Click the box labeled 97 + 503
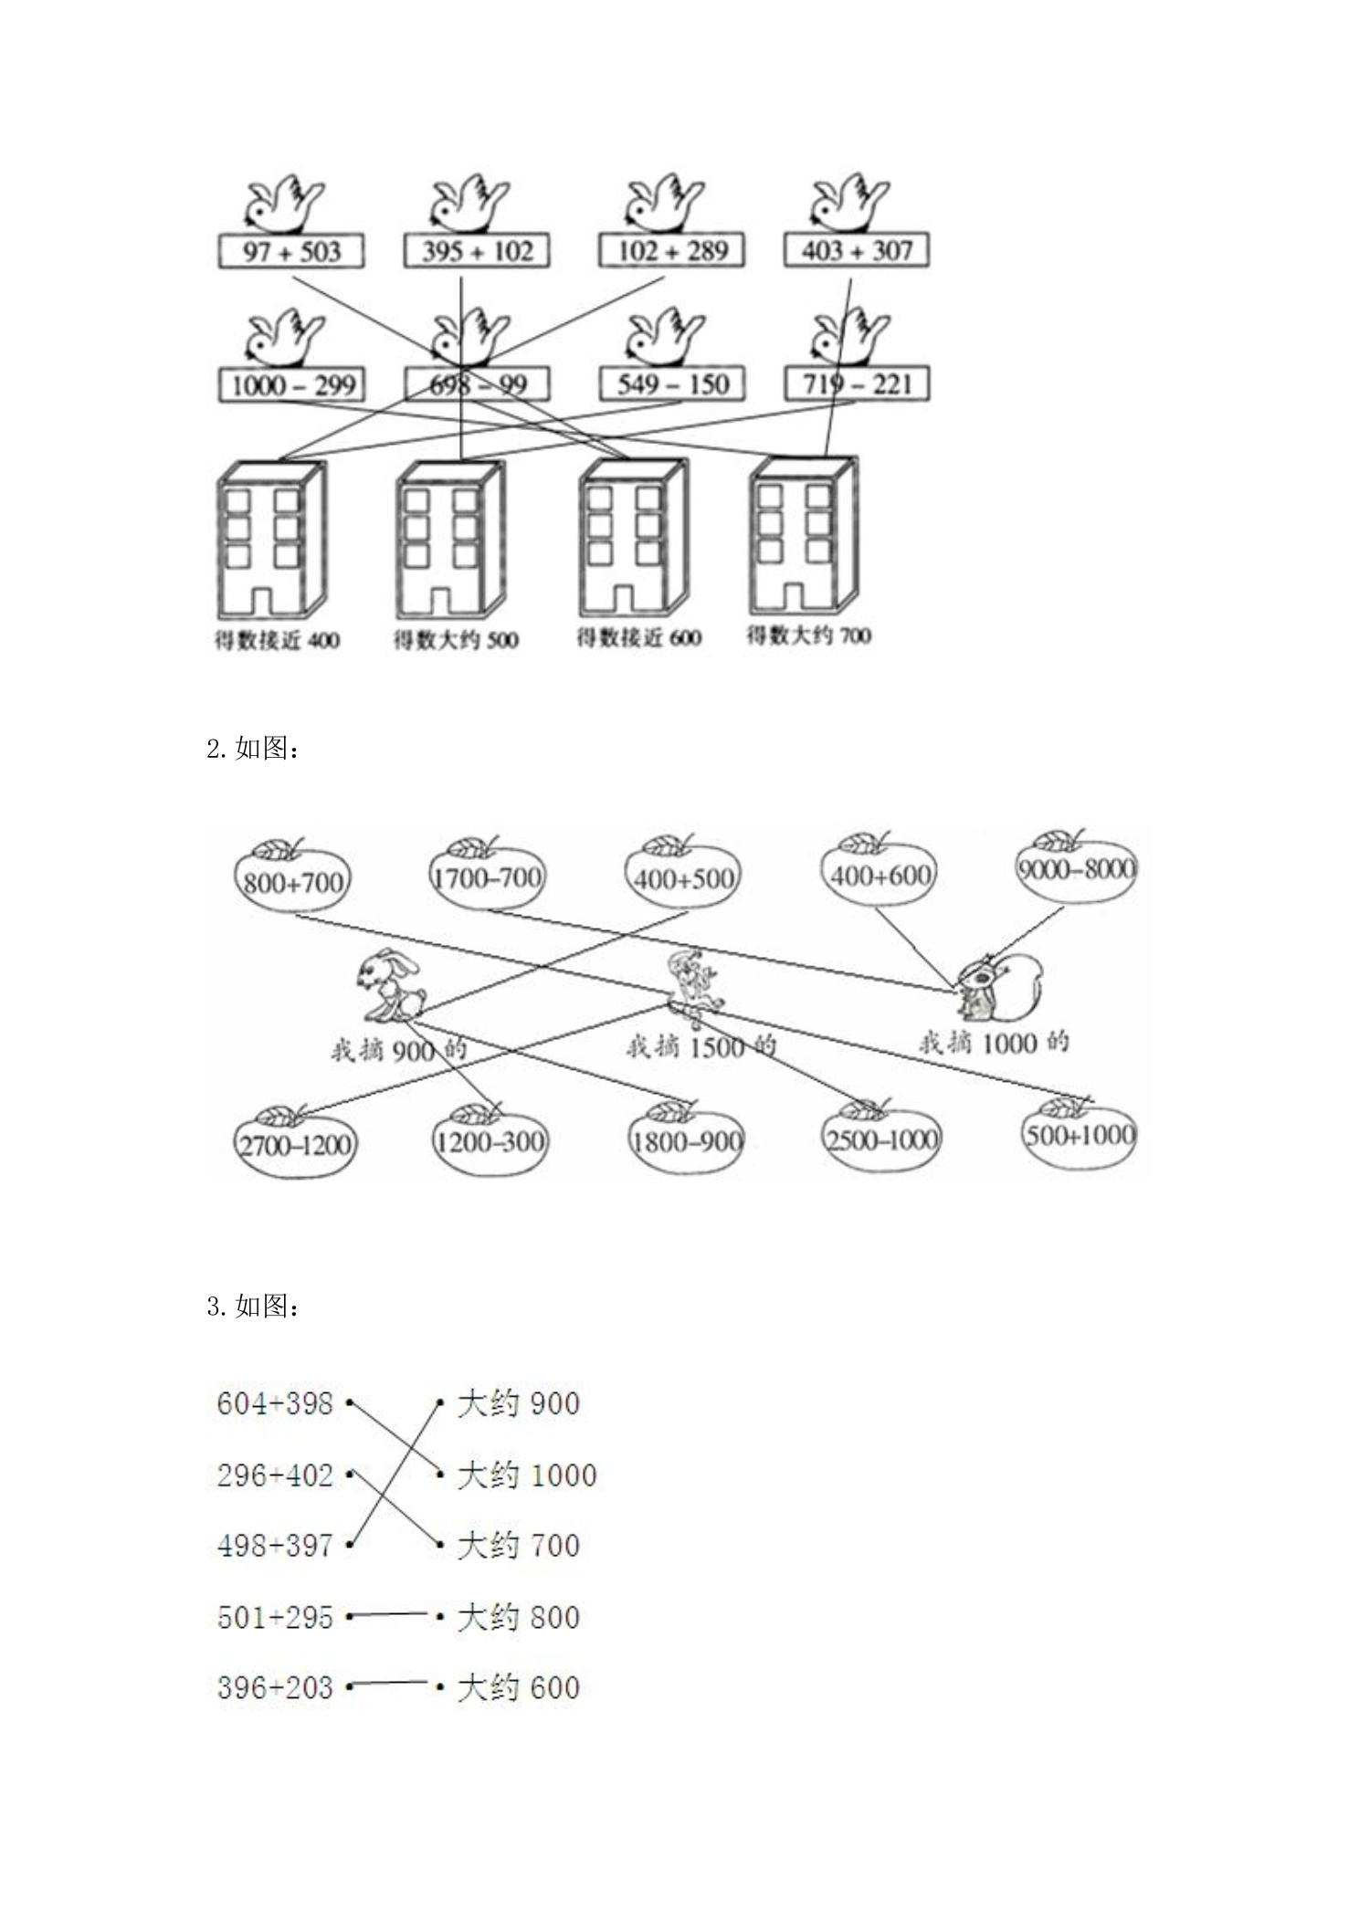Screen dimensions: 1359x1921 point(291,251)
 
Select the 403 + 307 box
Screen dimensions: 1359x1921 point(857,250)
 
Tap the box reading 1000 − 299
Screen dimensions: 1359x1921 point(291,384)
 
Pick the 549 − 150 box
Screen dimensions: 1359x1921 point(672,383)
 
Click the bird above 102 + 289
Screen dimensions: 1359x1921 point(665,202)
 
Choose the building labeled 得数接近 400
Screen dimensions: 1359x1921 point(271,540)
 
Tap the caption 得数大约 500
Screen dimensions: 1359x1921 point(456,639)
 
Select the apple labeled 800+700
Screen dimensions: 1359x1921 point(291,876)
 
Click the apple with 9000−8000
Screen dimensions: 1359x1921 point(1077,865)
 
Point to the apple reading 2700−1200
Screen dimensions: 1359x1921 point(295,1140)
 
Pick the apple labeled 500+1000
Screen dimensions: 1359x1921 point(1079,1132)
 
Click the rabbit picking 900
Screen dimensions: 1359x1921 point(390,984)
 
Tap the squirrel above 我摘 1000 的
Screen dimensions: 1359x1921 point(999,987)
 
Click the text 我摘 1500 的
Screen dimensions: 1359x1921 point(701,1046)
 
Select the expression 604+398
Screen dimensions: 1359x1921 point(275,1403)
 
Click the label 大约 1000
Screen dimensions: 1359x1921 point(527,1475)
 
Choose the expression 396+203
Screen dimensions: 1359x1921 point(275,1687)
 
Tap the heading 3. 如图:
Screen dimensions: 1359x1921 point(253,1307)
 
